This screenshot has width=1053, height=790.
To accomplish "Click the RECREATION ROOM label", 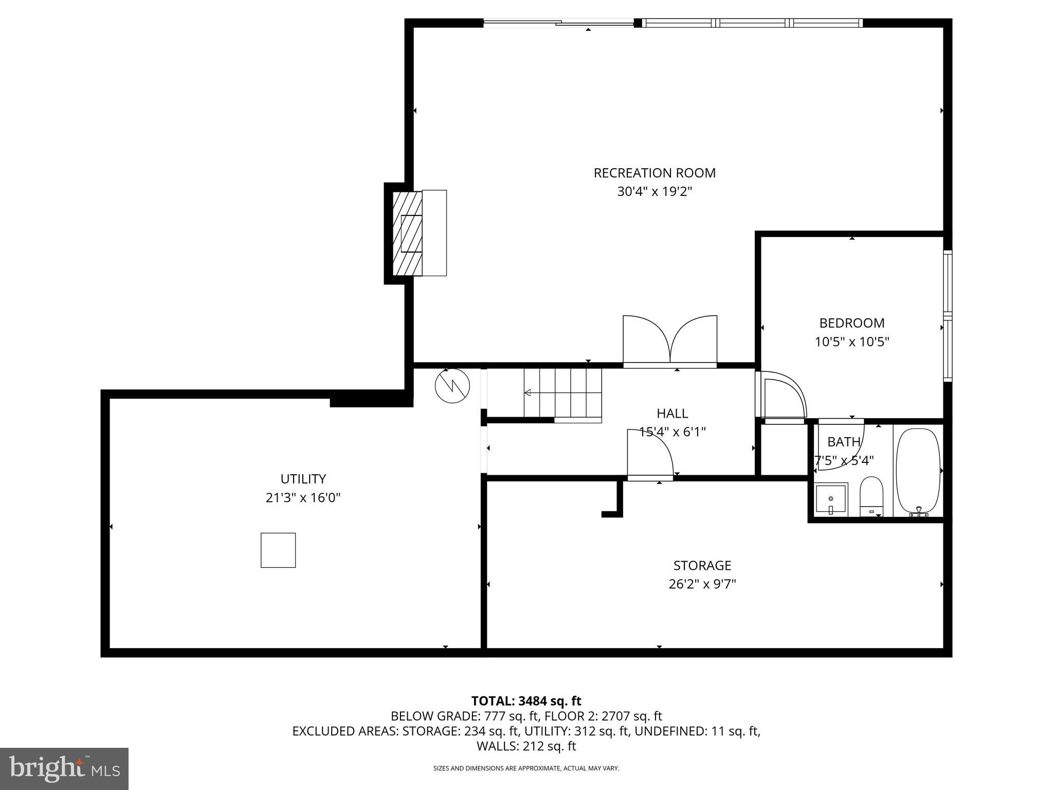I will (x=654, y=173).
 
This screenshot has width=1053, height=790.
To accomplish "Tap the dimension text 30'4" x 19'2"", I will (x=654, y=192).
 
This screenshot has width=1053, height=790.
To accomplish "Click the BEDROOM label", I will (x=851, y=323).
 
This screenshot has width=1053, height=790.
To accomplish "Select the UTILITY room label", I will (x=303, y=479).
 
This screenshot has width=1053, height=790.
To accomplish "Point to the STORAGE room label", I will (x=702, y=565).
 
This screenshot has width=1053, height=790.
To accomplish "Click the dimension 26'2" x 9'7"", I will (x=702, y=584).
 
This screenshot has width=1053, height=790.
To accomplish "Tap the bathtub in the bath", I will (x=918, y=471).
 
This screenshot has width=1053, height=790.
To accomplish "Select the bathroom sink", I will (x=831, y=499).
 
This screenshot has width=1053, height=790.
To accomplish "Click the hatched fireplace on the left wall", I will (x=407, y=234).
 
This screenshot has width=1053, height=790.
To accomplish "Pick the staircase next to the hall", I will (x=562, y=393).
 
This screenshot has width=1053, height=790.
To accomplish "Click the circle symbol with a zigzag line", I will (x=452, y=386).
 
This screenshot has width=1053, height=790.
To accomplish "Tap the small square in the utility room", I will (x=278, y=550).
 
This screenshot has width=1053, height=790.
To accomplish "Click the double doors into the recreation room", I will (x=670, y=340).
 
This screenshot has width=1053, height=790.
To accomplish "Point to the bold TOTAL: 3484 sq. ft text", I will (x=526, y=701).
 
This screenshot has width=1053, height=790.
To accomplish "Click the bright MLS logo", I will (x=64, y=769).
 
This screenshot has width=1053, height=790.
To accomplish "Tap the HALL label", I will (x=672, y=413).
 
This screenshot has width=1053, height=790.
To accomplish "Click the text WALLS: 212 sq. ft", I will (x=526, y=746).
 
